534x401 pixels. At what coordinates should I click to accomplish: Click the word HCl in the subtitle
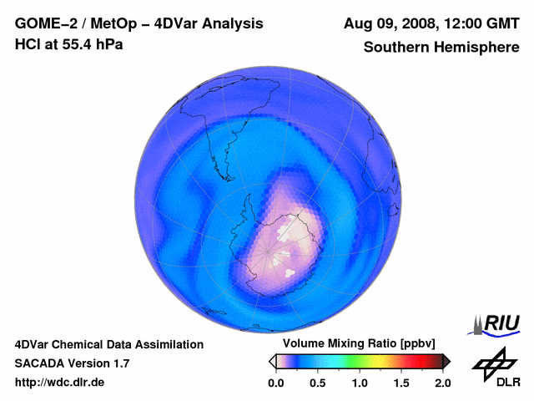point(28,43)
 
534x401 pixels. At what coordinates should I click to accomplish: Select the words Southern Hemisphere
point(441,47)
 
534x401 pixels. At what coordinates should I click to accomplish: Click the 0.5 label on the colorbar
point(318,383)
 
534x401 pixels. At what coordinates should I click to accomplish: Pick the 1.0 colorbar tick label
point(360,383)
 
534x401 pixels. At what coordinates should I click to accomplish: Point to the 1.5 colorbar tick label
point(401,383)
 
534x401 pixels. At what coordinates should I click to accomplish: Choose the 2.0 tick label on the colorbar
point(442,383)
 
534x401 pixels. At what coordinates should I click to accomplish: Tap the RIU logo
point(496,323)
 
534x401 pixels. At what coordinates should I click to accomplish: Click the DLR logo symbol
point(493,363)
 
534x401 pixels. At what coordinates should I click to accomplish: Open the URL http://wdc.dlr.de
point(60,383)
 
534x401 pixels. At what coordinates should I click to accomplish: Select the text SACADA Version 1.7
point(72,363)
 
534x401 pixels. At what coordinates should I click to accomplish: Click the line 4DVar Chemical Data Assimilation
point(109,344)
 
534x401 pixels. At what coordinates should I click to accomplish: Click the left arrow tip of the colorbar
point(271,361)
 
